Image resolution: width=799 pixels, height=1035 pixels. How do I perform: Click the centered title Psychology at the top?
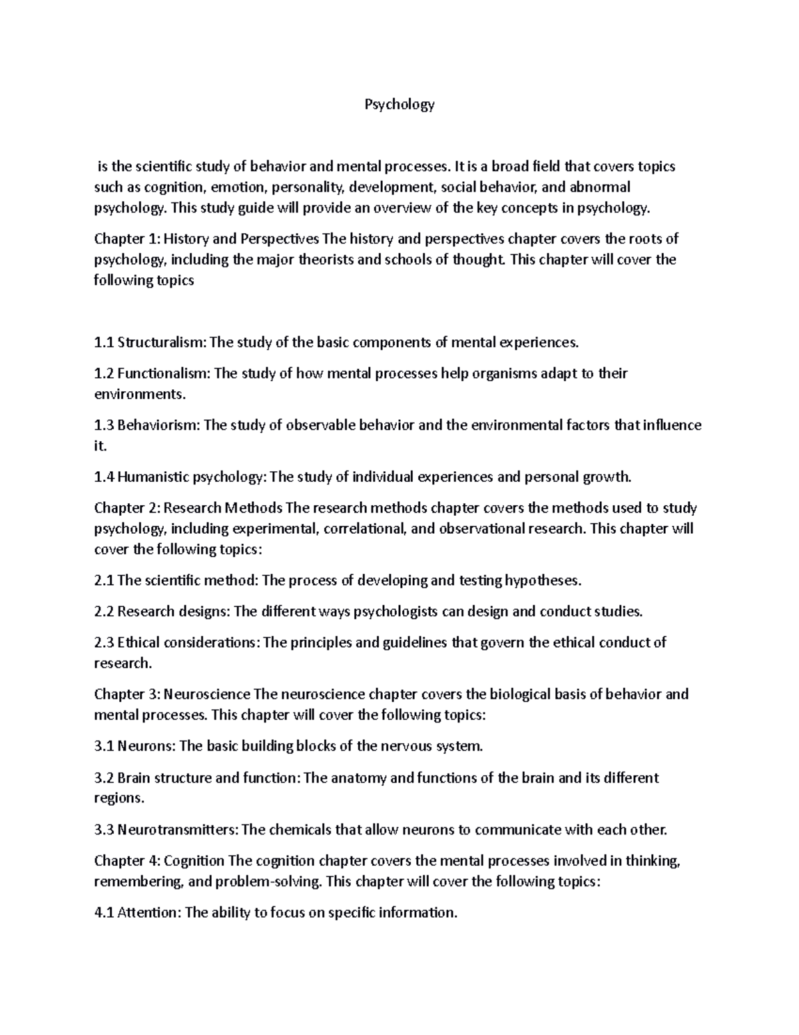pyautogui.click(x=399, y=105)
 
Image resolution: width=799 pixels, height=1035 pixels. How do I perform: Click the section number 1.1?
pyautogui.click(x=104, y=343)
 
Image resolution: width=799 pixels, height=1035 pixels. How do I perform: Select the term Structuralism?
pyautogui.click(x=162, y=343)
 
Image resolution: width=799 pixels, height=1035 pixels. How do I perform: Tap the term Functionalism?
pyautogui.click(x=164, y=373)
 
